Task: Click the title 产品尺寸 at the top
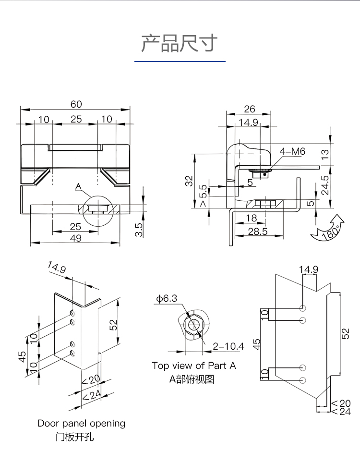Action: coord(180,43)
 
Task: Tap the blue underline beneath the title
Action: coord(180,61)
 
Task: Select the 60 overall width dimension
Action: coord(76,104)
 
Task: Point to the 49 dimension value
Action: coord(75,238)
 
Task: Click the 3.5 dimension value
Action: coord(139,230)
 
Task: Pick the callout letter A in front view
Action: coord(79,186)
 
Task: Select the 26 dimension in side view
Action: coord(249,109)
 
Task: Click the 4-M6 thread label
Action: coord(292,151)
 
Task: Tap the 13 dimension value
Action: coord(325,154)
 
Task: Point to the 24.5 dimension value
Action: coord(325,185)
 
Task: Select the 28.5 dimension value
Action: coord(258,232)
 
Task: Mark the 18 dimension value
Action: coord(251,218)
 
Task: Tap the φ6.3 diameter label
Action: coord(166,299)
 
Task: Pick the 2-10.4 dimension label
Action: coord(228,346)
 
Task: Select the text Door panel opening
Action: coord(82,424)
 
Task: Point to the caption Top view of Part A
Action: coord(194,366)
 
